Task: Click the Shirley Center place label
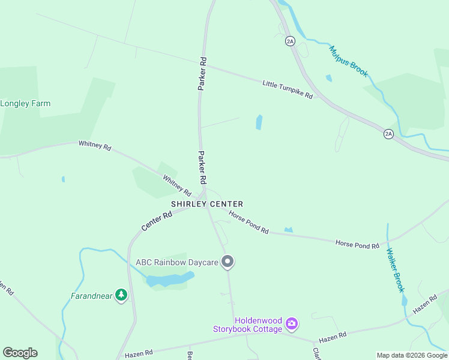207,204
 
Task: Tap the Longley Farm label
25,103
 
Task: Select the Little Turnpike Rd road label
288,89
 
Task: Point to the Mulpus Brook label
349,62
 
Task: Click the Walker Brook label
396,270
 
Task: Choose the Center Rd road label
157,220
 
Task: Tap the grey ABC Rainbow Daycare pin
228,262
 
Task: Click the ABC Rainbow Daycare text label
176,262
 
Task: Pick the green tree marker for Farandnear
122,295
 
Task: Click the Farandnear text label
92,296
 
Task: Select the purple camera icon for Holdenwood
292,324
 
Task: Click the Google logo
20,353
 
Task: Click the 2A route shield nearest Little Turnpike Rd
291,41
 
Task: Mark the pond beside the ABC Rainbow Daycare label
170,280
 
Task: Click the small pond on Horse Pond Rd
289,230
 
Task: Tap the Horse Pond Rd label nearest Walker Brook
357,244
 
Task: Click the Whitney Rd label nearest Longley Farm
95,145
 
